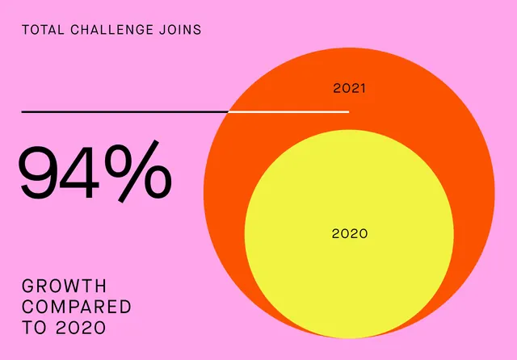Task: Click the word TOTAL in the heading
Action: coord(43,30)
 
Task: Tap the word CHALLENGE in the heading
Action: coord(112,30)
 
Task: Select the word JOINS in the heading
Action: coord(180,30)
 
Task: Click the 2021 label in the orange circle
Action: coord(350,88)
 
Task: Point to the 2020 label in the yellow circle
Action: coord(350,233)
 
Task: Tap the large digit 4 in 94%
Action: coord(79,172)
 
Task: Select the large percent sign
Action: coord(138,171)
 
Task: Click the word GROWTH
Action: coord(65,286)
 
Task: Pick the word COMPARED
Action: coord(77,307)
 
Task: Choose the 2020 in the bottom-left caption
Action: coord(81,328)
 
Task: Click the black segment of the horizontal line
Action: coord(125,112)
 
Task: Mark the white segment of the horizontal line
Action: coord(289,112)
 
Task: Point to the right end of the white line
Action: coord(349,112)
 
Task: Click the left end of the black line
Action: coord(22,112)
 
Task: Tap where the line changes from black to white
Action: coord(229,112)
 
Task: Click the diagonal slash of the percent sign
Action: coord(139,171)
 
